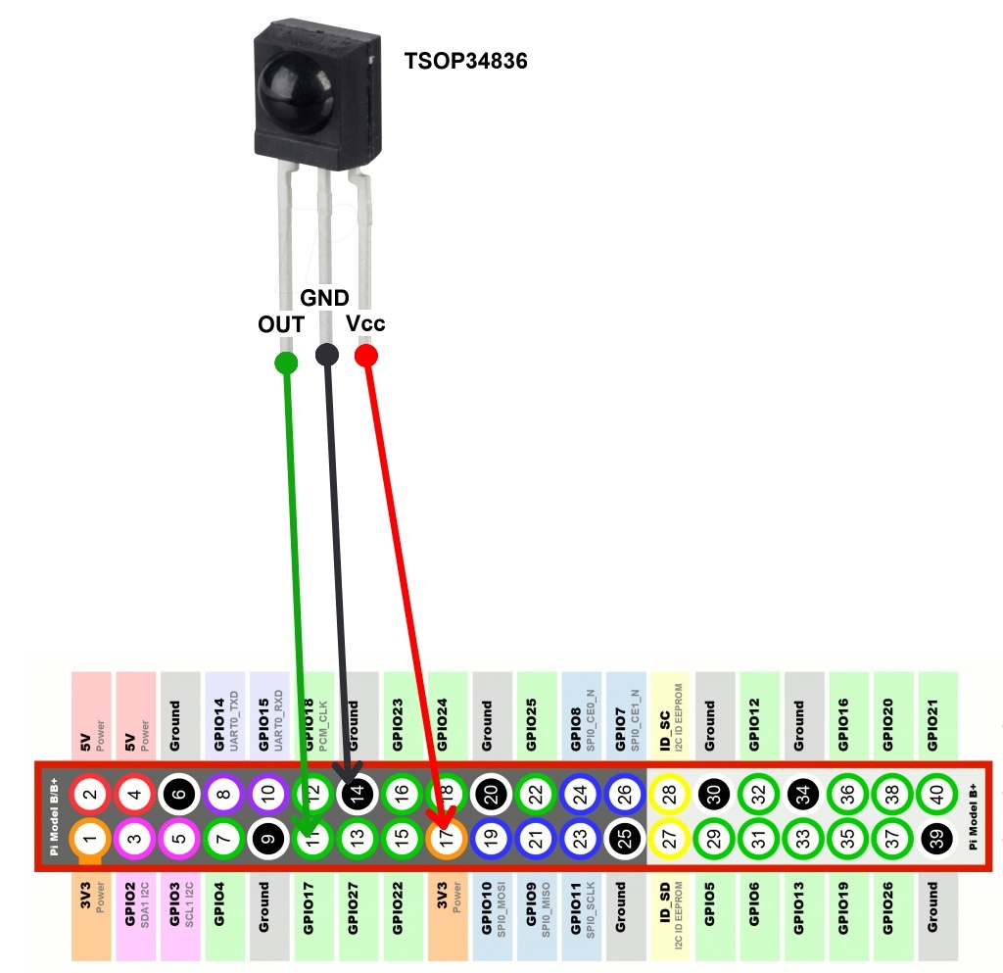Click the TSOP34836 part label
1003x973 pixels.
click(x=466, y=61)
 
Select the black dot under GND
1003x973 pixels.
click(x=327, y=355)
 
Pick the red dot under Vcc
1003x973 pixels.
click(x=366, y=355)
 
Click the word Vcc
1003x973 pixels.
click(x=366, y=323)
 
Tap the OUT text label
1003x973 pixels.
click(x=280, y=323)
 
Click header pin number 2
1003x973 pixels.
click(x=90, y=794)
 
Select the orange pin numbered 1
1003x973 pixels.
click(x=90, y=838)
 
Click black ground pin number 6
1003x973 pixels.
click(x=179, y=794)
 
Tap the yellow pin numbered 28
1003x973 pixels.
click(x=670, y=794)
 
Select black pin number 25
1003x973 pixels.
click(x=626, y=838)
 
